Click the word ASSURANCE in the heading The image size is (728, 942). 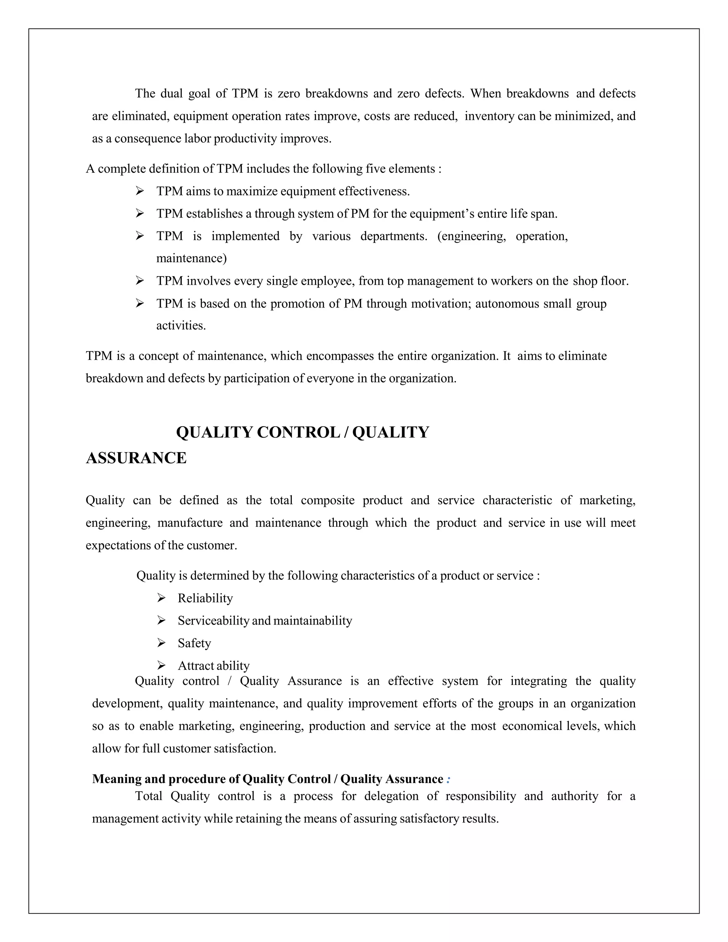[x=136, y=458]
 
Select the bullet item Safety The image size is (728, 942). [x=194, y=643]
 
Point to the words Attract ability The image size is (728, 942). [x=214, y=665]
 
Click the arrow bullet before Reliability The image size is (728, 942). [x=161, y=598]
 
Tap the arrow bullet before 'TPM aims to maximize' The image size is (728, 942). [x=140, y=191]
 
